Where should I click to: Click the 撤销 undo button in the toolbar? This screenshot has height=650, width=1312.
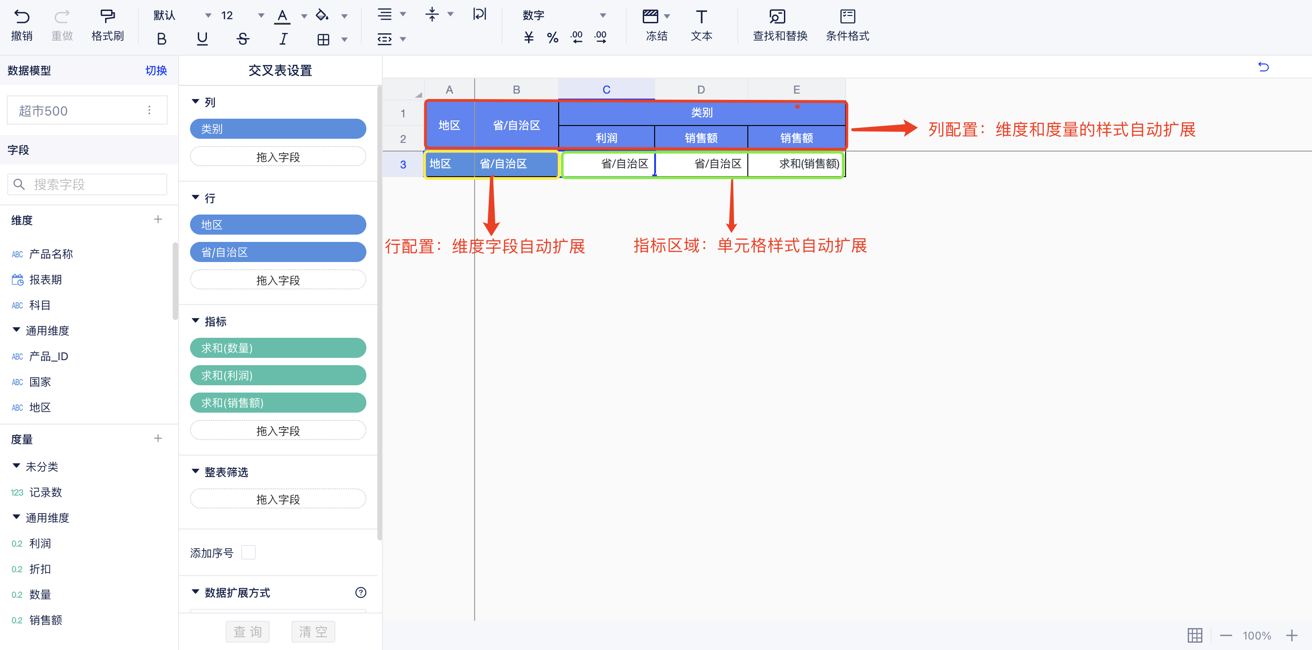coord(21,25)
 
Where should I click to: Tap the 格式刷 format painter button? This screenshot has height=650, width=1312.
coord(107,25)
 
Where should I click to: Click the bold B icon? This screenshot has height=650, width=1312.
coord(161,39)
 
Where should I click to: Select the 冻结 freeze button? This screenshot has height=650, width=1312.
coord(656,25)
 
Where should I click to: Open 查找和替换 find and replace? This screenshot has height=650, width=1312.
coord(780,25)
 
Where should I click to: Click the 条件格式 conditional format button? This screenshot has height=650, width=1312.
coord(847,25)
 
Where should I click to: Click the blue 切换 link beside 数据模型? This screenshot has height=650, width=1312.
coord(156,70)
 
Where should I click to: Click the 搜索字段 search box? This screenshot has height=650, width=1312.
coord(87,184)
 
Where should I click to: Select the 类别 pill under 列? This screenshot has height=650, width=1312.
coord(278,129)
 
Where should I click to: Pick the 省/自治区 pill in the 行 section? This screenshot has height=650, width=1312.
coord(278,252)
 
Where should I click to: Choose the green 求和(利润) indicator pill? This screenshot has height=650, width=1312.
coord(278,376)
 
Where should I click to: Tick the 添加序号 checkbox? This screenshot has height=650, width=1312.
coord(249,552)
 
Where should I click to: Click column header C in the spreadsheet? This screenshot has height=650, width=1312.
coord(606,89)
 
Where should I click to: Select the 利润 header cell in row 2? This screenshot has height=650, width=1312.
coord(606,138)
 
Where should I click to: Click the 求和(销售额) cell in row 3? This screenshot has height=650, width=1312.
coord(796,164)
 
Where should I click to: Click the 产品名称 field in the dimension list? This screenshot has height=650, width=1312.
coord(51,254)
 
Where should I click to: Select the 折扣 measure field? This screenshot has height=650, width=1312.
coord(40,569)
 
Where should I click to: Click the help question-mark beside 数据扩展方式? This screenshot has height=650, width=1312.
coord(360,592)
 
